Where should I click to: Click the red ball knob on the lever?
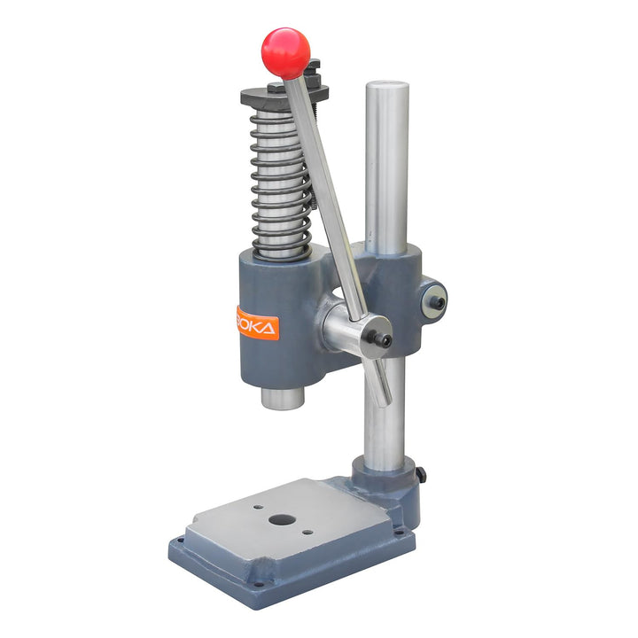[x=285, y=51]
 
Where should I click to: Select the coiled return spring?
[x=280, y=186]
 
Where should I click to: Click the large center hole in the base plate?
[x=282, y=521]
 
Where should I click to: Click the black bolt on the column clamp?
[x=436, y=301]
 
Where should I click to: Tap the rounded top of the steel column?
[x=387, y=87]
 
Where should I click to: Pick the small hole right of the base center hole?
[x=307, y=533]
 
